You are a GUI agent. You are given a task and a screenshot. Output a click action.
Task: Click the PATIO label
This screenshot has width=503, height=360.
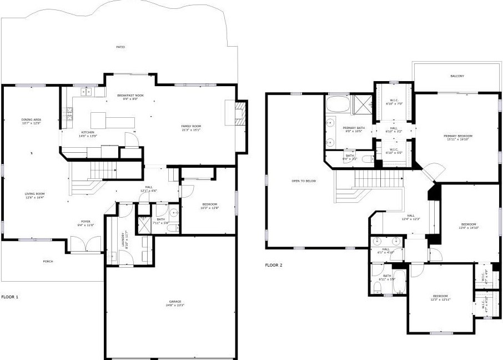pyautogui.click(x=120, y=47)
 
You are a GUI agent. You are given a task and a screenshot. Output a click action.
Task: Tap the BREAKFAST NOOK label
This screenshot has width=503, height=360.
pyautogui.click(x=130, y=96)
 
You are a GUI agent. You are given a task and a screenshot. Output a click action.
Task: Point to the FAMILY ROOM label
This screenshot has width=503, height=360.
pyautogui.click(x=190, y=127)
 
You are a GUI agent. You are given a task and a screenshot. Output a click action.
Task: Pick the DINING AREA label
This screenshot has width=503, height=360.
pyautogui.click(x=31, y=120)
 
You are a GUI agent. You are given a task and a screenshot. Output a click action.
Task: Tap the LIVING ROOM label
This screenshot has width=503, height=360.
pyautogui.click(x=34, y=194)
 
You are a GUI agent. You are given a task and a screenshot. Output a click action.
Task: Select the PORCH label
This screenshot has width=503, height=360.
pyautogui.click(x=48, y=261)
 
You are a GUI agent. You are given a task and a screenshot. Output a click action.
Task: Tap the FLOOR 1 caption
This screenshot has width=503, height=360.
pyautogui.click(x=9, y=297)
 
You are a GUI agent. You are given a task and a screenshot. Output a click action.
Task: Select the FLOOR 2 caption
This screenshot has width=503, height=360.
pyautogui.click(x=274, y=265)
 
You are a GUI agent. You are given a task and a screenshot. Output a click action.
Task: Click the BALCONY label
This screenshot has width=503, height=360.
pyautogui.click(x=457, y=76)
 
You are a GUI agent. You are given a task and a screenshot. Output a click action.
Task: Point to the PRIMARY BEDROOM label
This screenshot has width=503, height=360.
pyautogui.click(x=457, y=136)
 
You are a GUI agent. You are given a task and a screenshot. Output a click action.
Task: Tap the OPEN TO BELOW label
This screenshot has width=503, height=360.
pyautogui.click(x=304, y=181)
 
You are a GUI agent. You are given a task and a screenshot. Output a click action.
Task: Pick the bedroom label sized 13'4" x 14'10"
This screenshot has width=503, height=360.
pyautogui.click(x=469, y=226)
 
